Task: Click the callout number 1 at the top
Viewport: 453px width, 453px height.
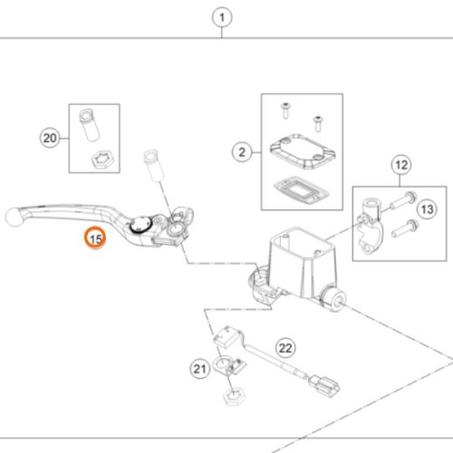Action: (x=222, y=17)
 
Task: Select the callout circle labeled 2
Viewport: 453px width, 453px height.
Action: (x=242, y=152)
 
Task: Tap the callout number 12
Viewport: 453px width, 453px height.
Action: (x=401, y=165)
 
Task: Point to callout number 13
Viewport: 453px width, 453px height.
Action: (x=427, y=209)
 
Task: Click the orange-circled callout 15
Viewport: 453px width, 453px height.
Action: (x=95, y=238)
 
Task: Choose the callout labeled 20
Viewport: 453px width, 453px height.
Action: (x=50, y=138)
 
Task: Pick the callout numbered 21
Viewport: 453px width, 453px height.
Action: (x=199, y=369)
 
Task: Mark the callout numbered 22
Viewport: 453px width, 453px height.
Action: (x=285, y=348)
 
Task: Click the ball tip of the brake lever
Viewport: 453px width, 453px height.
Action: (x=14, y=217)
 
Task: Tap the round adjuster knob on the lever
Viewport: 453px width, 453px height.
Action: (x=140, y=226)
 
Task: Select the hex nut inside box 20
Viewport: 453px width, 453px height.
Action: (x=102, y=160)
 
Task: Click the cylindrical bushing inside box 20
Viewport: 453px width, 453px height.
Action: (x=89, y=125)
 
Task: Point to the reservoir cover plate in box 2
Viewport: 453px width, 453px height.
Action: (x=303, y=150)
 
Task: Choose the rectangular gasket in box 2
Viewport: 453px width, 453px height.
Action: (x=301, y=190)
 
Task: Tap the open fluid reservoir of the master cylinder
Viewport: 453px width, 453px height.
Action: (x=302, y=245)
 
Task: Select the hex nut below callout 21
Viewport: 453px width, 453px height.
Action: (x=233, y=396)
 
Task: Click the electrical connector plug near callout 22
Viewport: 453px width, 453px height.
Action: (x=323, y=385)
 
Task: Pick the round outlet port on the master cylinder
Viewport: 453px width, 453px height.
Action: (x=333, y=299)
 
